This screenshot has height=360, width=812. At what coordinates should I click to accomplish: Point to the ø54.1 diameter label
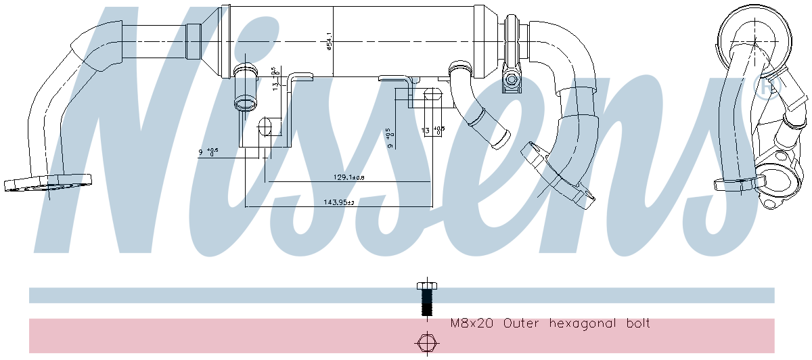329,41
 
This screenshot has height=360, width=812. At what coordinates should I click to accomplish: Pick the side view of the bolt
426,298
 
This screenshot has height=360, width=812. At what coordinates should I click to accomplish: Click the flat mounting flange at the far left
47,183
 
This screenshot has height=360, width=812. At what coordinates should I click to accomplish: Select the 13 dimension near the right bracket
426,131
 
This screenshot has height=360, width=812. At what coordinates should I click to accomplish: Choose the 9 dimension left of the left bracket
201,153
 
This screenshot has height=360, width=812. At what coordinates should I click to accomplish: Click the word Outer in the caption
522,324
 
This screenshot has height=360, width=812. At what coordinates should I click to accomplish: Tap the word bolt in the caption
636,324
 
